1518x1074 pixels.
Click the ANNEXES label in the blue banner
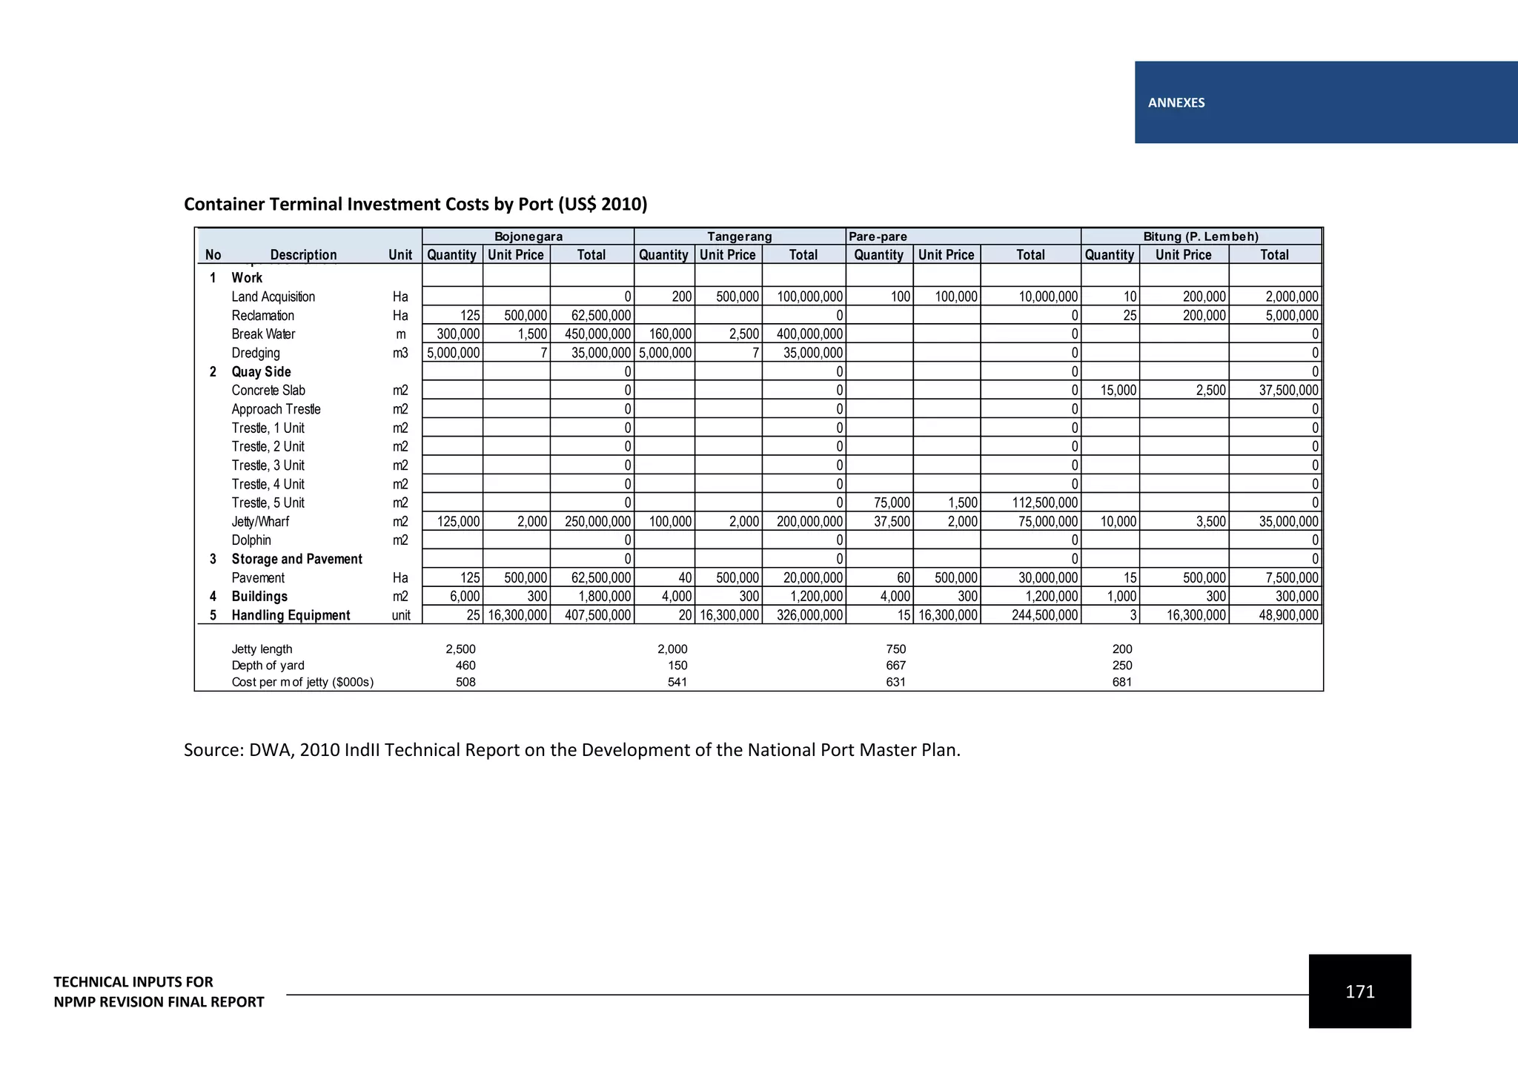pyautogui.click(x=1176, y=103)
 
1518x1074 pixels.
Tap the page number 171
pyautogui.click(x=1359, y=992)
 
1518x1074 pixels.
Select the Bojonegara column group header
pyautogui.click(x=528, y=237)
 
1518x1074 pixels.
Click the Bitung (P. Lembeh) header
pyautogui.click(x=1201, y=237)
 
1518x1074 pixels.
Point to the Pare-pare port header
pyautogui.click(x=878, y=237)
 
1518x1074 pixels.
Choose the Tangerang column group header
pyautogui.click(x=739, y=237)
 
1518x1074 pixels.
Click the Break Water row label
pyautogui.click(x=263, y=334)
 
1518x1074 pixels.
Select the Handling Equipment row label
pyautogui.click(x=291, y=615)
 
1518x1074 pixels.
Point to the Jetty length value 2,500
pyautogui.click(x=460, y=649)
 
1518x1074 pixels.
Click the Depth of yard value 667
pyautogui.click(x=895, y=666)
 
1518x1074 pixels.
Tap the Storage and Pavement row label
pyautogui.click(x=296, y=560)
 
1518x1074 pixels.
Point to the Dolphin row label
pyautogui.click(x=251, y=540)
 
